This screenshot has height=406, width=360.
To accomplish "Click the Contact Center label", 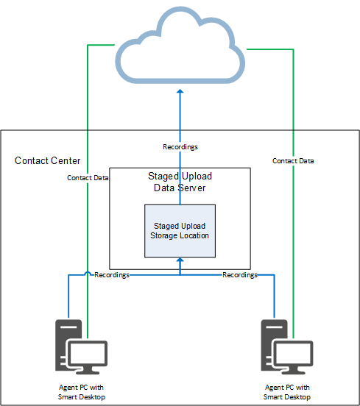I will pyautogui.click(x=48, y=160).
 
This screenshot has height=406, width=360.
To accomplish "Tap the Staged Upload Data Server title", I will pyautogui.click(x=180, y=182).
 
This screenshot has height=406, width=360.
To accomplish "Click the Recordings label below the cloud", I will pyautogui.click(x=180, y=147).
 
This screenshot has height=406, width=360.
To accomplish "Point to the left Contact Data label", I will pyautogui.click(x=88, y=177).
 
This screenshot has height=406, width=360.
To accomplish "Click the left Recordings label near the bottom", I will pyautogui.click(x=112, y=274).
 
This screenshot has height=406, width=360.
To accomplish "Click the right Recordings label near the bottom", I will pyautogui.click(x=240, y=274).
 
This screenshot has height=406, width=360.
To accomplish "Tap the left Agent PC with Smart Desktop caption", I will pyautogui.click(x=82, y=392).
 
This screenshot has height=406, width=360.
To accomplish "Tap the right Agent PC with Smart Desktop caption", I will pyautogui.click(x=287, y=392).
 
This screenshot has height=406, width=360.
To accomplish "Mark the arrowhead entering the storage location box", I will pyautogui.click(x=180, y=261).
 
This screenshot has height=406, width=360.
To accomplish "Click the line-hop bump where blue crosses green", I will pyautogui.click(x=88, y=275).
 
